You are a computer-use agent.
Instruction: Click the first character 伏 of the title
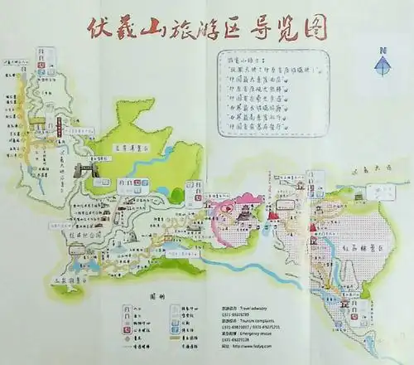[99, 27]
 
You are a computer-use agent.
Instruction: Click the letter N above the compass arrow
[382, 52]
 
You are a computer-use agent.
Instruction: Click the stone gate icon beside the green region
[82, 171]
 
